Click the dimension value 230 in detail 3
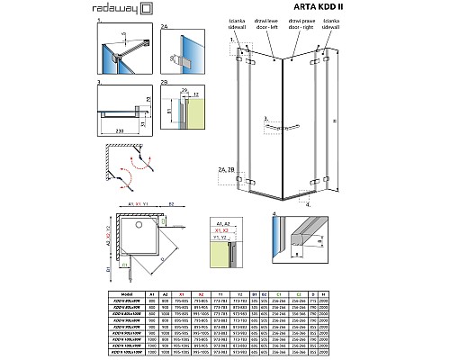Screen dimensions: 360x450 (x=120, y=132)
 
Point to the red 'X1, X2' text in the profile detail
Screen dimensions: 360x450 (x=219, y=229)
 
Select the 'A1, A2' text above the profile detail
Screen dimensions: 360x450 (x=219, y=221)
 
